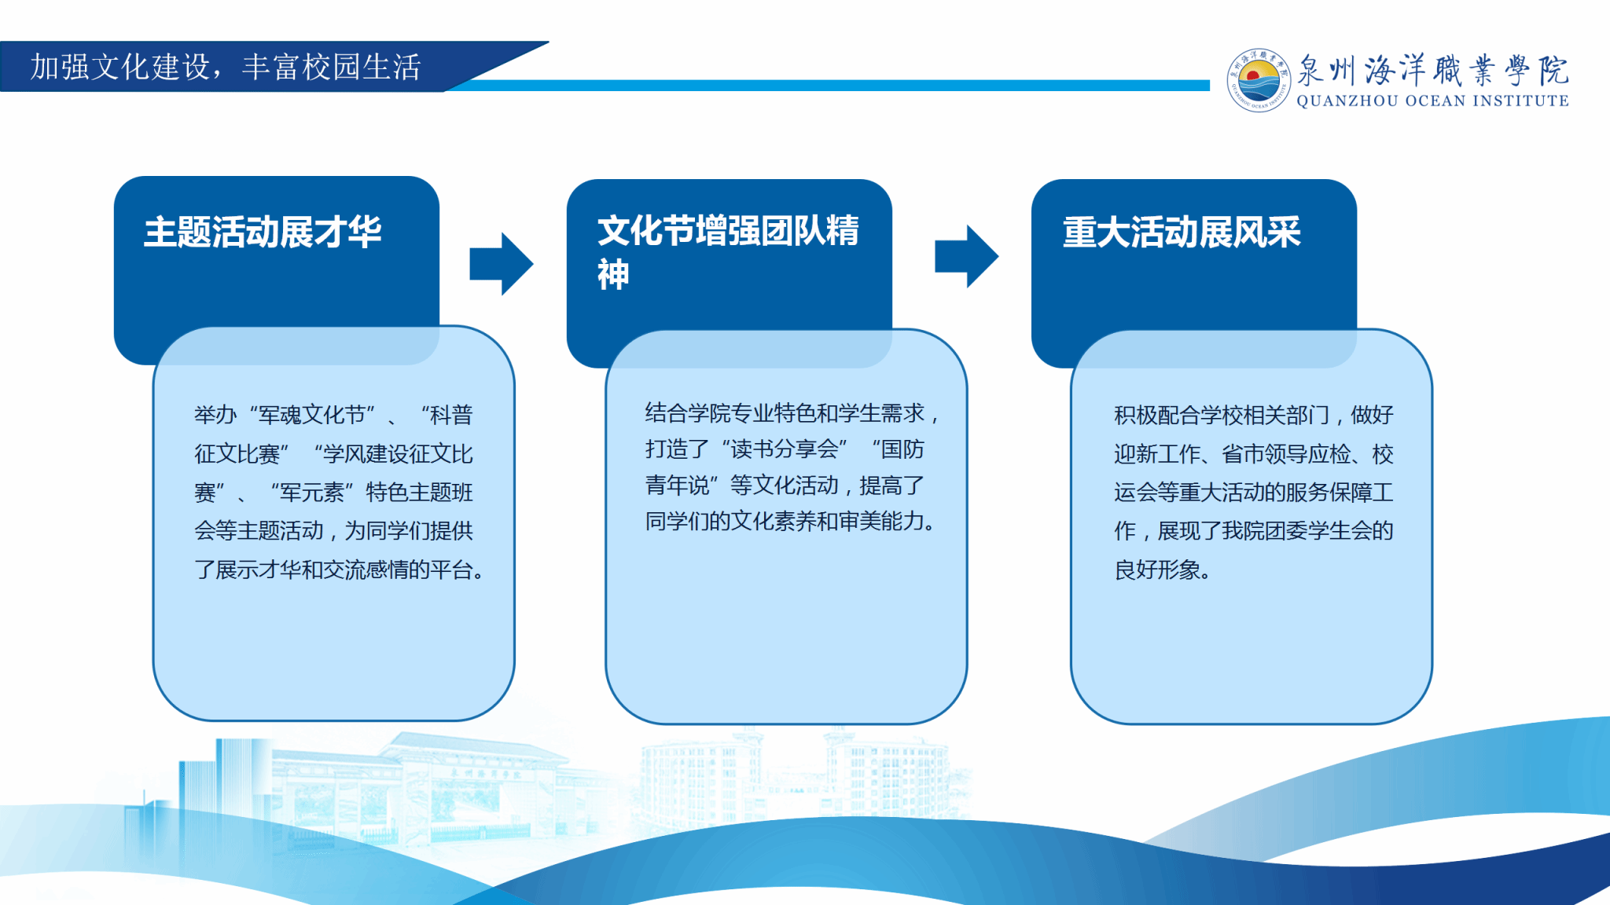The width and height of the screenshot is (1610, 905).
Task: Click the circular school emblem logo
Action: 1259,80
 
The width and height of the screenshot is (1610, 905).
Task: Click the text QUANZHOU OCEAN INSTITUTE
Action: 1432,101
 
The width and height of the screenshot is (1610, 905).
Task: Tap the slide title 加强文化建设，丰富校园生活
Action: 226,67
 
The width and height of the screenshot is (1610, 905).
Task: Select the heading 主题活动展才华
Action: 263,233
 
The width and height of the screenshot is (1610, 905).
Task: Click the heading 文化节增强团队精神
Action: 728,252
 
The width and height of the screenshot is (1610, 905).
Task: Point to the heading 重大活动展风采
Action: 1182,233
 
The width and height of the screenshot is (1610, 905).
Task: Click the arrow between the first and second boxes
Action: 502,264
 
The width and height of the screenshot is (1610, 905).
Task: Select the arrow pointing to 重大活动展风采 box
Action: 966,256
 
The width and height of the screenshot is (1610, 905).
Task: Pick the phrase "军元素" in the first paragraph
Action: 312,492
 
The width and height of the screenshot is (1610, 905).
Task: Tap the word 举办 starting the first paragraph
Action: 215,414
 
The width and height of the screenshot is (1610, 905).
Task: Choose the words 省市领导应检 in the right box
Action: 1286,453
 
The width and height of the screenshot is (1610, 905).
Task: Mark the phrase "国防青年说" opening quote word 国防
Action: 902,449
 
